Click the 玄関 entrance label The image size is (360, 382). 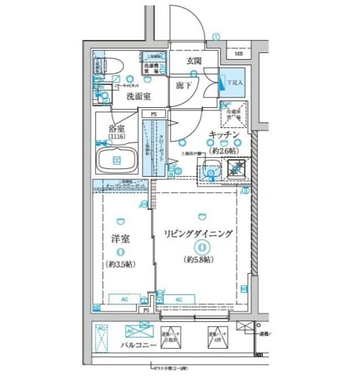click(x=194, y=60)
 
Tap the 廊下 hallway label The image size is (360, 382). click(x=184, y=86)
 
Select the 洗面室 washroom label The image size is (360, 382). click(x=138, y=96)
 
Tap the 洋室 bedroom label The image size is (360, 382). click(x=121, y=239)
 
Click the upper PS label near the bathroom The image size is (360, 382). click(x=154, y=113)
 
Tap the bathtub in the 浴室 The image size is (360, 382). click(x=117, y=161)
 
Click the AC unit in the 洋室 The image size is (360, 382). click(x=124, y=299)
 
